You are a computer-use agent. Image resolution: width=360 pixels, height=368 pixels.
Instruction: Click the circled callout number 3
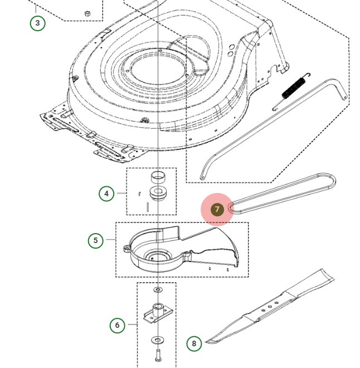point(37,23)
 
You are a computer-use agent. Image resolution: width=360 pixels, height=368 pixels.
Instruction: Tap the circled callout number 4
point(106,194)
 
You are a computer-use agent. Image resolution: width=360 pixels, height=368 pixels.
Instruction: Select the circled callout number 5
point(96,240)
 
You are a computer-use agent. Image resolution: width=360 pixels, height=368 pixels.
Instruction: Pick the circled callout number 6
point(117,325)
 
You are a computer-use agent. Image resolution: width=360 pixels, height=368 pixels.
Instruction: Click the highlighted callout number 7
point(217,210)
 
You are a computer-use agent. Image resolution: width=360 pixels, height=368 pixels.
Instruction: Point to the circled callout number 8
point(194,343)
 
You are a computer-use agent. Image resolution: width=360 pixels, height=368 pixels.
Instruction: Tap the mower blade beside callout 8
point(267,307)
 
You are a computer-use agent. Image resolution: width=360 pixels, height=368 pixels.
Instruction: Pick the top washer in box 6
point(158,290)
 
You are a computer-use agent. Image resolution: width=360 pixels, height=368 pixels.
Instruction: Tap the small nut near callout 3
point(87,12)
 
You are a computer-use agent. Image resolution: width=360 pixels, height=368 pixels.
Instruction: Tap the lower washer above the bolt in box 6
point(158,340)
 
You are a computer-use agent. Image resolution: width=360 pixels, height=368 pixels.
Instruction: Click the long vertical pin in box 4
point(147,207)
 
